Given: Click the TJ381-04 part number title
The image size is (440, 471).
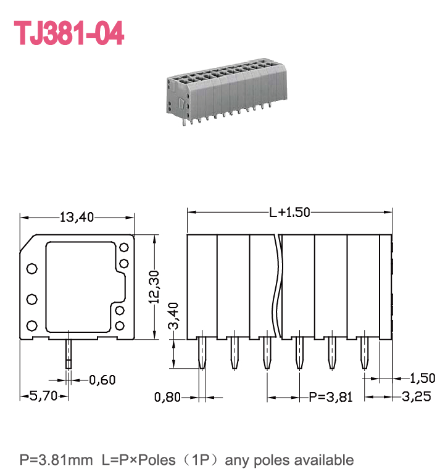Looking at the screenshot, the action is click(69, 33).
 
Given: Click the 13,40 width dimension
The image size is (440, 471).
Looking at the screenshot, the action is click(77, 217).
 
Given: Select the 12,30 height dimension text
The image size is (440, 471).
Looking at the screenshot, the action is click(154, 287).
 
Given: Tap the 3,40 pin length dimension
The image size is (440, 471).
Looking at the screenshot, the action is click(173, 316).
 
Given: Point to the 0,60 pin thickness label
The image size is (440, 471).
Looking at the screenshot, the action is click(102, 380).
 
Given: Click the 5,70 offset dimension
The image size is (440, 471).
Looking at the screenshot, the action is click(43, 396).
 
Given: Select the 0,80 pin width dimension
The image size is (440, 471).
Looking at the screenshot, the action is click(167, 397).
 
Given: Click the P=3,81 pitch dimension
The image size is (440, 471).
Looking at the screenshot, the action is click(331, 397).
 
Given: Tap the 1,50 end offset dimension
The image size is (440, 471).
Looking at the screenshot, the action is click(422, 378).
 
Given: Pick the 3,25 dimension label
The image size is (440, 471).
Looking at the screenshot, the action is click(416, 396).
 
